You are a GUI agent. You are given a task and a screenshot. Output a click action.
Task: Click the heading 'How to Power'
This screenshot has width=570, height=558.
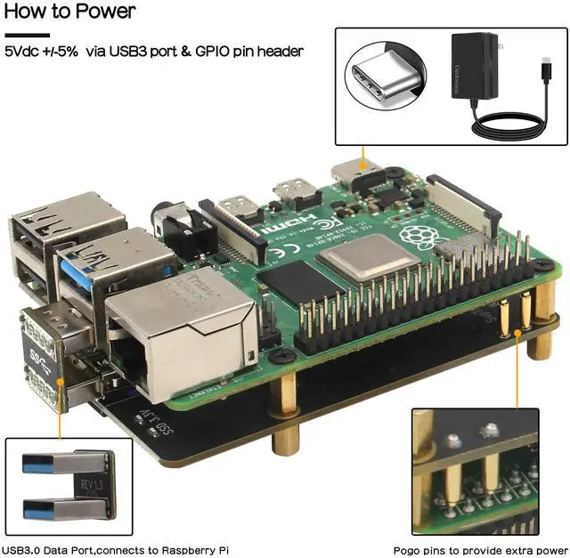70,12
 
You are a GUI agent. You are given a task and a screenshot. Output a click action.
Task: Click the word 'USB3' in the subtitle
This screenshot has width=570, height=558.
128,52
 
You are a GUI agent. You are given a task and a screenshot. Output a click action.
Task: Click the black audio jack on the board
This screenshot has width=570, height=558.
178,230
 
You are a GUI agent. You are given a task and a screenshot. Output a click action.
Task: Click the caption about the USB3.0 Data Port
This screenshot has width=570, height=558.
116,550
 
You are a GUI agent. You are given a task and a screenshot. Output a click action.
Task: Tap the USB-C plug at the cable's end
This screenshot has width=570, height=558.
545,66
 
